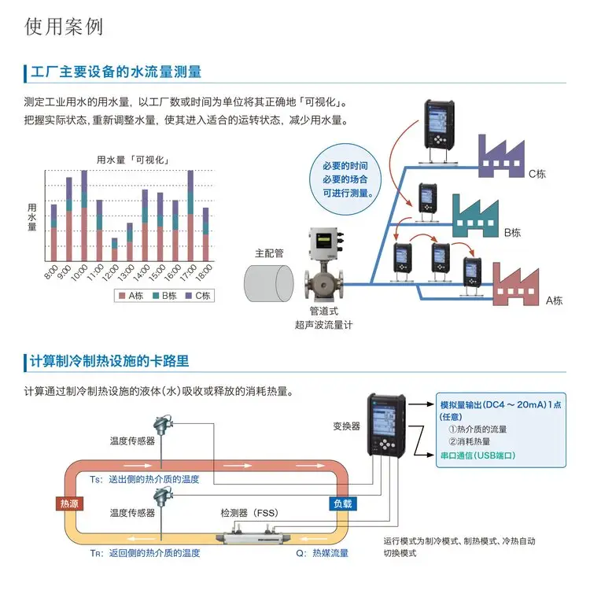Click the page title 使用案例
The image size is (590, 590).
point(64,27)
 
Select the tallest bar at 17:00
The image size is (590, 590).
point(190,216)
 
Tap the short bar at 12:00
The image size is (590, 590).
point(114,249)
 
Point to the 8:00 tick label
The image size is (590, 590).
point(51,272)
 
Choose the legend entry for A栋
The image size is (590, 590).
point(131,296)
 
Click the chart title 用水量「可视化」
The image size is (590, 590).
point(132,160)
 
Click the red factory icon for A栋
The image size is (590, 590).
point(516,284)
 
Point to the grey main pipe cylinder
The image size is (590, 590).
point(269,283)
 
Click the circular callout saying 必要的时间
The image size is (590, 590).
point(345,179)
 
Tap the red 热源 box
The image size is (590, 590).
point(69,503)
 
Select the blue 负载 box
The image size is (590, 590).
point(342,503)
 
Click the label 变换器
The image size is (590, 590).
point(347,426)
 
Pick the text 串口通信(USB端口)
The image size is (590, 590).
point(478,455)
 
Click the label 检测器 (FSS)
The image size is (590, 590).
point(249,513)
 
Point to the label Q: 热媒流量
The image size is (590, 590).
point(322,553)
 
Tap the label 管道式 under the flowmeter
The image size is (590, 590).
point(323,311)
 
